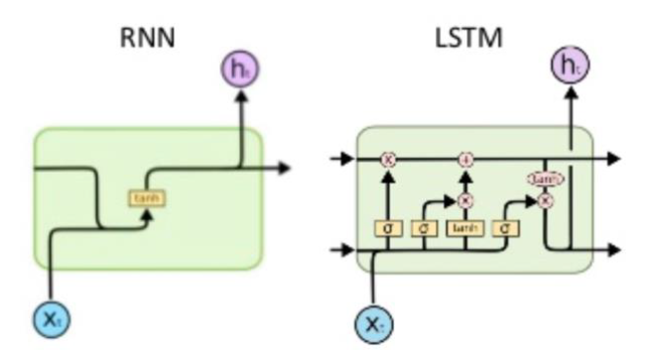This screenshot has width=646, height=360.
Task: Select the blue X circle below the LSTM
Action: [374, 324]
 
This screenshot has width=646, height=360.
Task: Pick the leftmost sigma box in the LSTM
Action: [388, 229]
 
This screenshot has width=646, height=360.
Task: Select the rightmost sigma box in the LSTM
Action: [505, 229]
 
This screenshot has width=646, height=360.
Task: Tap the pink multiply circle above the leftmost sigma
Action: [388, 159]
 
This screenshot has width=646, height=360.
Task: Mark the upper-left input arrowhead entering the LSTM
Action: [344, 159]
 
